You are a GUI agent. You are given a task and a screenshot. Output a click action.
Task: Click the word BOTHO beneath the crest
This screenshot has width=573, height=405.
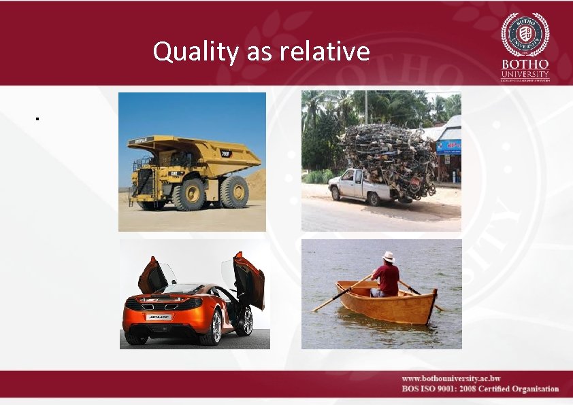[525, 65]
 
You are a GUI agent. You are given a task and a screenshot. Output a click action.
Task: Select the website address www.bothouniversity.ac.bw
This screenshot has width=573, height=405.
[451, 378]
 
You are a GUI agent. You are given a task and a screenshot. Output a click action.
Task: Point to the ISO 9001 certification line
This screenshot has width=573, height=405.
[480, 389]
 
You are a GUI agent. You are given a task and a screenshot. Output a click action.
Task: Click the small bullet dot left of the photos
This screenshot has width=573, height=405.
[39, 120]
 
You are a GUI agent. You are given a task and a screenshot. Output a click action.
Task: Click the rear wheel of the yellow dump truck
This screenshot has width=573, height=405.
[233, 192]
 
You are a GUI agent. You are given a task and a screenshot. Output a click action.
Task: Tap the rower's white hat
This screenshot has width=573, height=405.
[389, 257]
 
